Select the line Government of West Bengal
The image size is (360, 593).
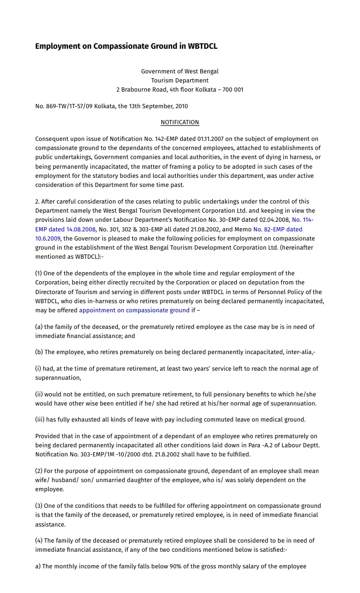pyautogui.click(x=179, y=71)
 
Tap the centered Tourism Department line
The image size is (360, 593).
pyautogui.click(x=179, y=80)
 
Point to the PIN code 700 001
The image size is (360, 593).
pyautogui.click(x=231, y=89)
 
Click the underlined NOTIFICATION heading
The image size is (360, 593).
pyautogui.click(x=179, y=123)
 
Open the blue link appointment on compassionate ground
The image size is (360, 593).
pyautogui.click(x=134, y=310)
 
